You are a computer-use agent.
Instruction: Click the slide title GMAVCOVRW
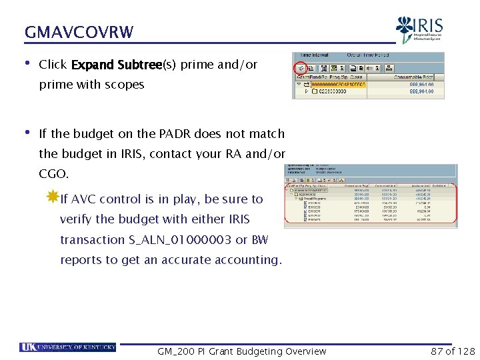point(79,32)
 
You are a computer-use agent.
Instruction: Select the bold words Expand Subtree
point(117,65)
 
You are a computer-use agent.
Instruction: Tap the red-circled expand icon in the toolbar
point(301,67)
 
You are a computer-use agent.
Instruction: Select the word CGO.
point(53,173)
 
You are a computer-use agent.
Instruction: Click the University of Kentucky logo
point(68,347)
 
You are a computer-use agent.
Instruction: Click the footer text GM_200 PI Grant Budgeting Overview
point(241,351)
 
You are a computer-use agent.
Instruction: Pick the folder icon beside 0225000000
point(315,92)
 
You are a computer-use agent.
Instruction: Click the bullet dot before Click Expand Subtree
point(27,65)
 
